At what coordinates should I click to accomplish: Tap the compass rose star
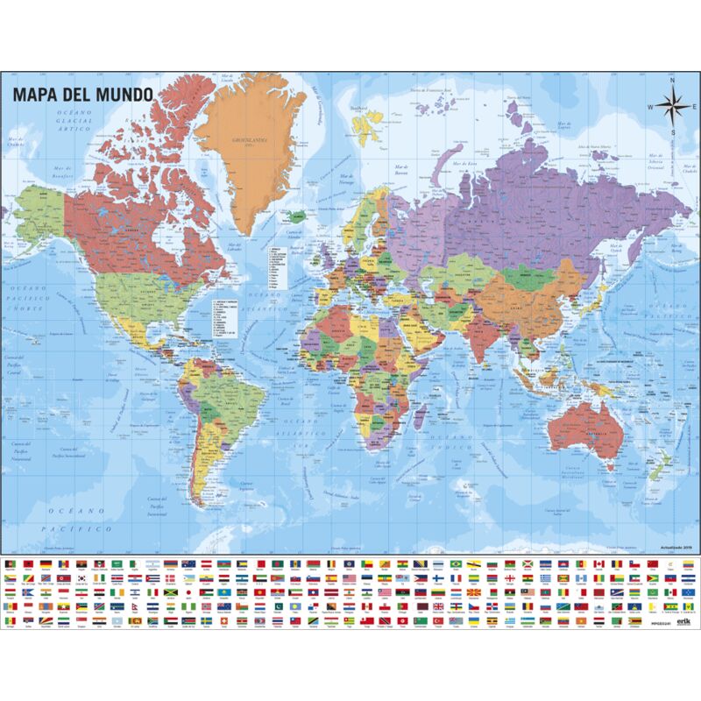tap(672, 107)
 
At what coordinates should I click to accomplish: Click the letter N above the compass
tap(672, 81)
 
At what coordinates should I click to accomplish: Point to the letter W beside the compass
tap(650, 107)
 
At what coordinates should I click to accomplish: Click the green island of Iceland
tap(298, 214)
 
